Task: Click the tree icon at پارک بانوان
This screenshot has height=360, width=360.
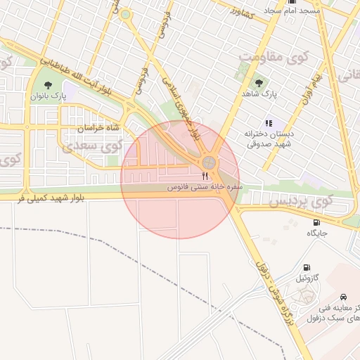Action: tap(48, 85)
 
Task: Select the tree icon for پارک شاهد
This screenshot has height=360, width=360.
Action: tap(259, 82)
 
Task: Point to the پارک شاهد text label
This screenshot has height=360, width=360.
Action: tap(260, 93)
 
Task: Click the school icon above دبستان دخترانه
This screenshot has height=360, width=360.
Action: tap(269, 122)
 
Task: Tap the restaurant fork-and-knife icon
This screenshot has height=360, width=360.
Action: tap(205, 176)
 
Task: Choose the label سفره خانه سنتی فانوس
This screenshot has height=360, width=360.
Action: tap(205, 188)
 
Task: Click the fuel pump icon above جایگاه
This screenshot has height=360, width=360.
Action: tap(316, 223)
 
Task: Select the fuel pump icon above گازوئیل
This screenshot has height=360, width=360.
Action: tap(307, 267)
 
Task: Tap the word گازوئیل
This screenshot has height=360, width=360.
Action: tap(307, 278)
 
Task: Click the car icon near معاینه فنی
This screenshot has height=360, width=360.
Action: tap(342, 297)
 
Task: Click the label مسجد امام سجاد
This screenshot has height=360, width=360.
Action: tap(292, 11)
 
